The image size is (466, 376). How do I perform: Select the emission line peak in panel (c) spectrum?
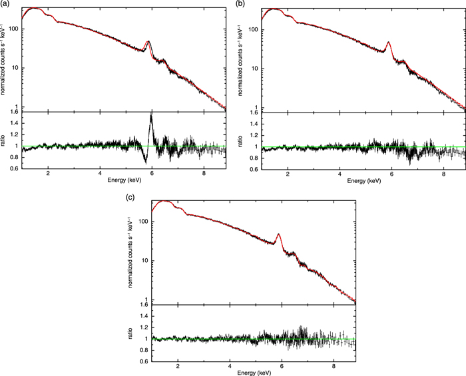(278, 234)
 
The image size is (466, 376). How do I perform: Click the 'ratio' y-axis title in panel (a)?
(5, 145)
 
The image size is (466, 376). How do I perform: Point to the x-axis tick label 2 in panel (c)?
(178, 364)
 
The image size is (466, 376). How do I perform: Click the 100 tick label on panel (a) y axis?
(13, 29)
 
